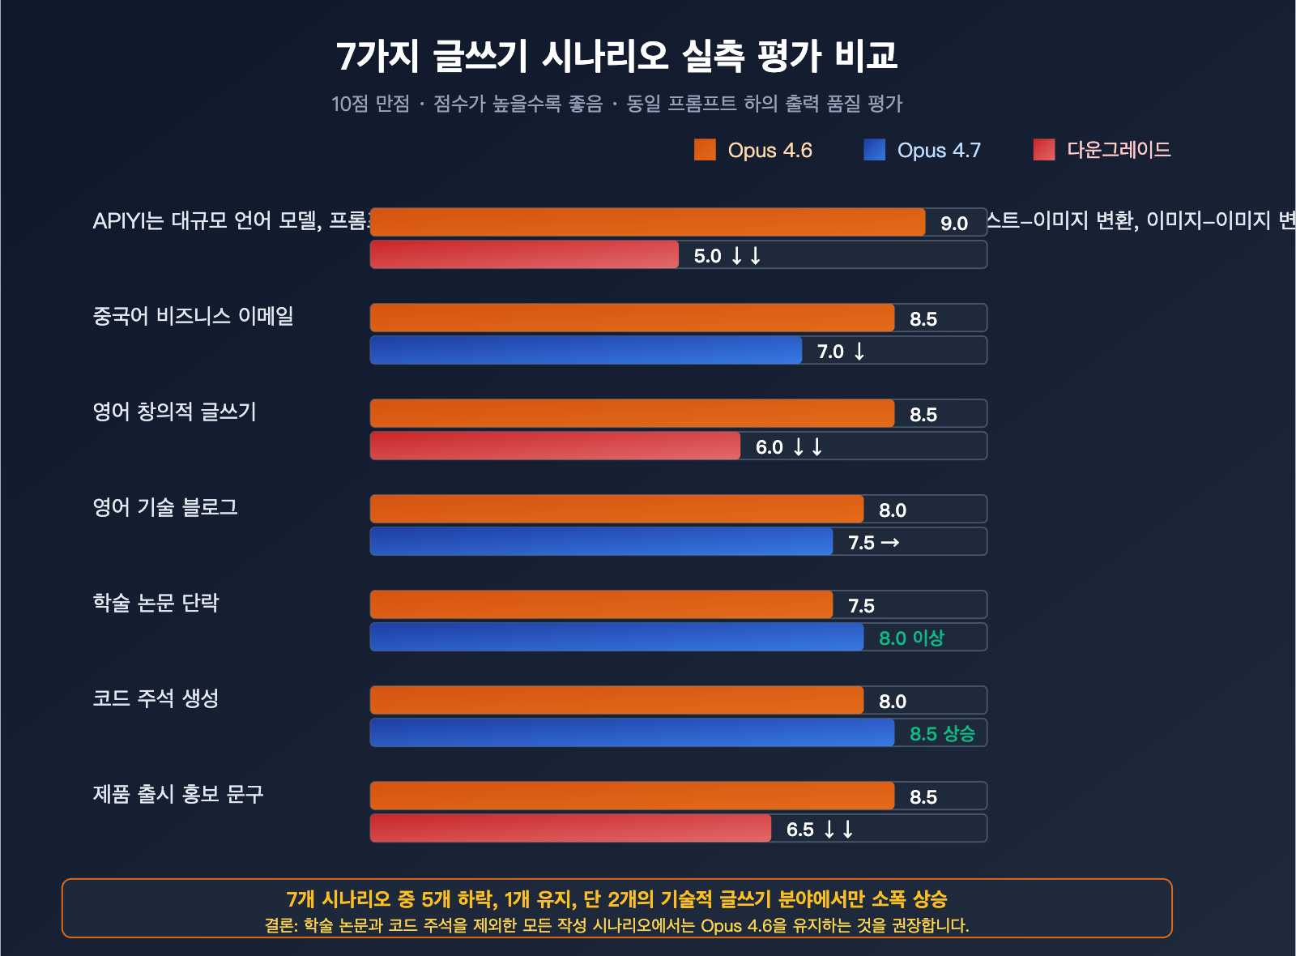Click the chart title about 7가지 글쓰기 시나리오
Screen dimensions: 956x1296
(x=616, y=56)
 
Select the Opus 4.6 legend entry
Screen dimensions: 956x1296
(x=753, y=151)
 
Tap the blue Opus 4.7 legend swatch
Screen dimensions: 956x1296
(x=874, y=150)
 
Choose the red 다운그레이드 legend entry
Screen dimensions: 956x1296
(x=1102, y=150)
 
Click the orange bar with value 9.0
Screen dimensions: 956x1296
(x=647, y=222)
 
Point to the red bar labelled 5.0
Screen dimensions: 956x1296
(x=524, y=254)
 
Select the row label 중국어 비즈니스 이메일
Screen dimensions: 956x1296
(x=193, y=316)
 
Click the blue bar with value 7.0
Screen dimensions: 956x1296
(x=586, y=350)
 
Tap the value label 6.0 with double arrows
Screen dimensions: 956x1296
(x=789, y=447)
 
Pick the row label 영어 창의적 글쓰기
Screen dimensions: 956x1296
(x=174, y=412)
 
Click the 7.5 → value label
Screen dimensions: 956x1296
(x=873, y=543)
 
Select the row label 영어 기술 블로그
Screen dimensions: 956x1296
(x=165, y=507)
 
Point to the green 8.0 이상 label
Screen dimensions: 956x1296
(x=911, y=638)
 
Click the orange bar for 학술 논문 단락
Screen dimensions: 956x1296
(x=601, y=604)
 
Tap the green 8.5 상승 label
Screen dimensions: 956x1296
(x=941, y=734)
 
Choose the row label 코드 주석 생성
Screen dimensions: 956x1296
(x=156, y=698)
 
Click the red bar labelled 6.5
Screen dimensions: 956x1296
(x=570, y=828)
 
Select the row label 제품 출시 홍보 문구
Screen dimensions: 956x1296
(x=178, y=794)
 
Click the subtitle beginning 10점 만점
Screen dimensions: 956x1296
(x=616, y=104)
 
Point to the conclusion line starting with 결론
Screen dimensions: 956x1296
(x=616, y=925)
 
